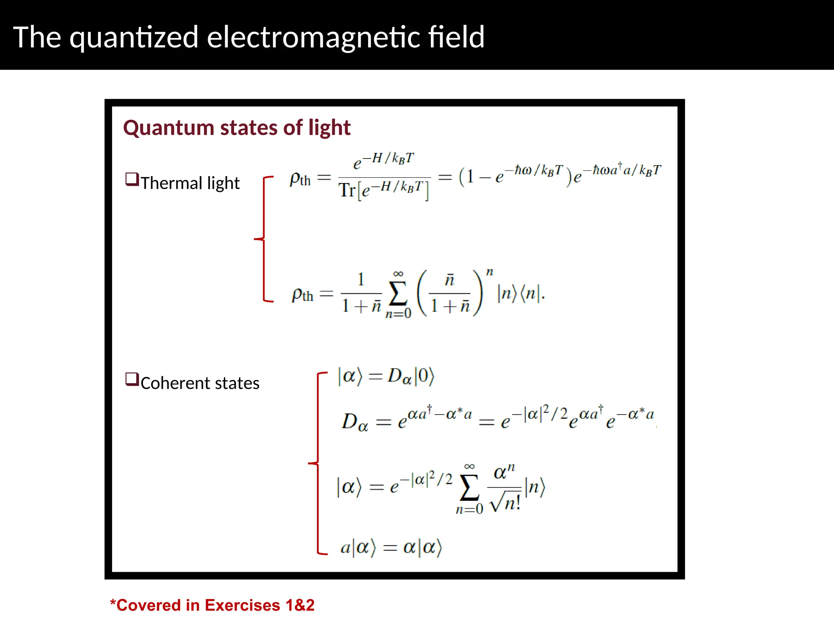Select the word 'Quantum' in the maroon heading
pyautogui.click(x=169, y=128)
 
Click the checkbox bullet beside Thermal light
pyautogui.click(x=132, y=179)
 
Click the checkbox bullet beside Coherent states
pyautogui.click(x=132, y=379)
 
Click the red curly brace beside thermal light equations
pyautogui.click(x=263, y=239)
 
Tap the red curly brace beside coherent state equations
pyautogui.click(x=317, y=463)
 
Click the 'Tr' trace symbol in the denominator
pyautogui.click(x=347, y=190)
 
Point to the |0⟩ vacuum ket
pyautogui.click(x=424, y=376)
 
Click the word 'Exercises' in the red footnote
pyautogui.click(x=242, y=605)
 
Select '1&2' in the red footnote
pyautogui.click(x=300, y=605)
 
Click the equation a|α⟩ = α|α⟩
pyautogui.click(x=391, y=547)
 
